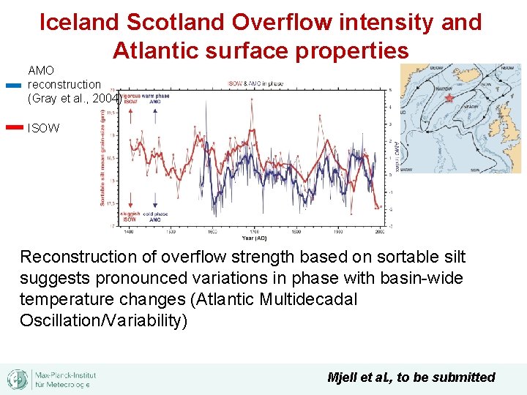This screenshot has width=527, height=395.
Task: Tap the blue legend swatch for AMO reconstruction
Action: pos(13,85)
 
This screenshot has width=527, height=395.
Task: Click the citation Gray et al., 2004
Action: pos(73,97)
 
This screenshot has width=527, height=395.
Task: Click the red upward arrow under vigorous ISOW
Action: pos(130,114)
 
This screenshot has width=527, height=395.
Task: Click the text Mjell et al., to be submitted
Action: pos(411,377)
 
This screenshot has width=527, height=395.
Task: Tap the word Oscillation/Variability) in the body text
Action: pos(104,321)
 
